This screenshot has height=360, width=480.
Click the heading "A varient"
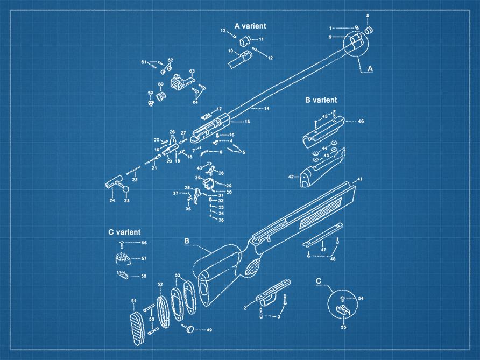[x=250, y=26]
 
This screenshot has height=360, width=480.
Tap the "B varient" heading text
[x=321, y=100]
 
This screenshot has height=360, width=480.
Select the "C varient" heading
[x=124, y=232]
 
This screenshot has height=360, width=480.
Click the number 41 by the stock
[x=361, y=179]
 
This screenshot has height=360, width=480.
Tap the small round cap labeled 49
[x=189, y=329]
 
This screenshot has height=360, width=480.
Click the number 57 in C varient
[x=144, y=259]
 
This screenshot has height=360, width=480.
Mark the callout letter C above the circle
[x=319, y=281]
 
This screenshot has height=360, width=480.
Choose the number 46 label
[x=361, y=122]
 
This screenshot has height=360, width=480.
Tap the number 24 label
[x=112, y=201]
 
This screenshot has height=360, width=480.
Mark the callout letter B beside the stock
[x=187, y=242]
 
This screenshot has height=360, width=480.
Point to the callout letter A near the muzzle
[x=370, y=68]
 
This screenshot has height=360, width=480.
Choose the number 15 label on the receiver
[x=248, y=122]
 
